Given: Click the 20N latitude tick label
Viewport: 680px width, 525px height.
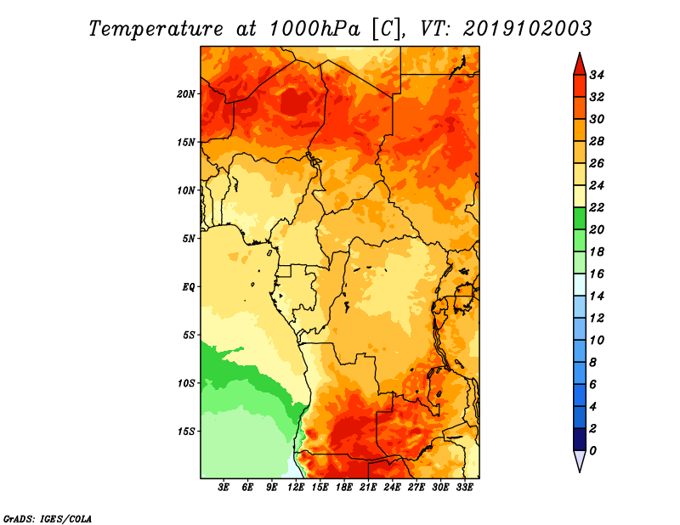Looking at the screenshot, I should click(x=186, y=93).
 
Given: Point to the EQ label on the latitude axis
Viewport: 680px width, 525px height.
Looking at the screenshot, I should click(x=189, y=286).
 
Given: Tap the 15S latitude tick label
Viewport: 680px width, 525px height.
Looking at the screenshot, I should click(x=186, y=431).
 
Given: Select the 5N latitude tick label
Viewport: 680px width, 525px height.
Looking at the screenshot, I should click(x=189, y=238).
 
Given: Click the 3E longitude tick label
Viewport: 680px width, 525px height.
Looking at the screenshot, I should click(x=224, y=488).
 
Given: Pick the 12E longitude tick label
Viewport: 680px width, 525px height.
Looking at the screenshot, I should click(x=296, y=488).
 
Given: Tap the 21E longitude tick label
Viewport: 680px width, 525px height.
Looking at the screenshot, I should click(x=368, y=488).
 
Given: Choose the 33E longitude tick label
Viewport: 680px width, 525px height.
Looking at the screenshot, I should click(x=464, y=488).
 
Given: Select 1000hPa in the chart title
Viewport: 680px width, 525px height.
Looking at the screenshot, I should click(x=314, y=29).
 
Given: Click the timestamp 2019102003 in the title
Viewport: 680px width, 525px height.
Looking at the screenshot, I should click(x=527, y=29).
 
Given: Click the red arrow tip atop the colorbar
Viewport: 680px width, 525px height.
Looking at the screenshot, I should click(x=579, y=62).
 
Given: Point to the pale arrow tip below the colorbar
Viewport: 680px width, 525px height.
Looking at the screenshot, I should click(x=579, y=461).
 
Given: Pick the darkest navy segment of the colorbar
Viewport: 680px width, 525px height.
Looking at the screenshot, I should click(x=579, y=439).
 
